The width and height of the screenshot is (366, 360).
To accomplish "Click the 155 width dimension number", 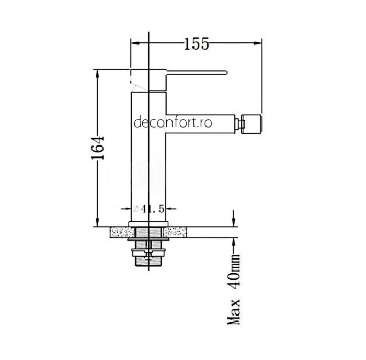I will (197, 44).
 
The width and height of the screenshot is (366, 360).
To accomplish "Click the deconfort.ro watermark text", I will (173, 123).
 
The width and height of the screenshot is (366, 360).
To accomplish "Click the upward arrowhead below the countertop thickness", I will (234, 242).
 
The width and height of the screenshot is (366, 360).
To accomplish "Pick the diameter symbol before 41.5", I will (136, 209).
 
